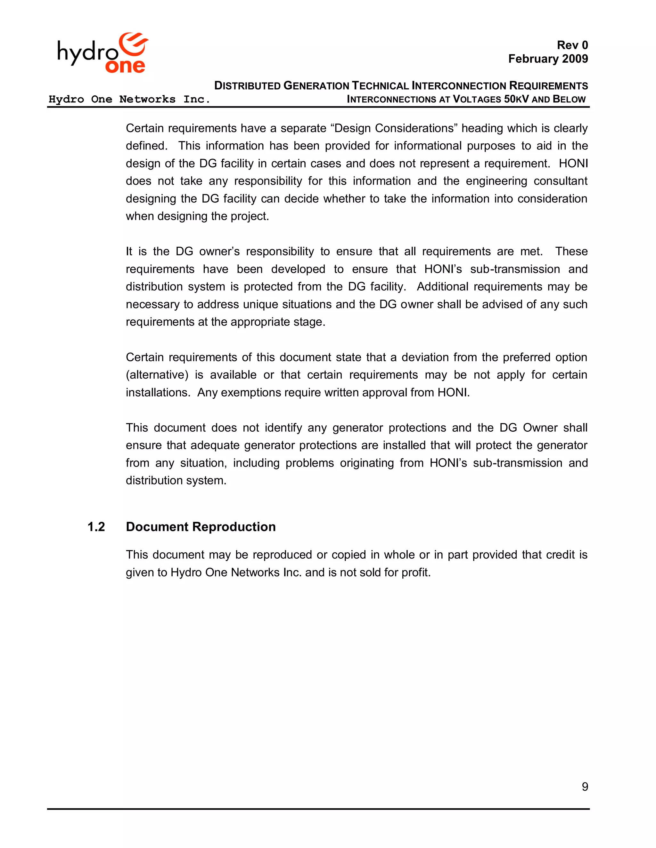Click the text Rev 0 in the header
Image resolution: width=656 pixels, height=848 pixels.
[572, 45]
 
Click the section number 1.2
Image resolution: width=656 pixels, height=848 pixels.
[96, 527]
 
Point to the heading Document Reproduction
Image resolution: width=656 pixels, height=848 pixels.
[201, 527]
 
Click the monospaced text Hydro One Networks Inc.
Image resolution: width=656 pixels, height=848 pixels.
[129, 100]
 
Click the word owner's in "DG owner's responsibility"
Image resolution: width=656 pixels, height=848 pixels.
[219, 252]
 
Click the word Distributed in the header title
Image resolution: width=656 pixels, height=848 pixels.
[247, 86]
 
